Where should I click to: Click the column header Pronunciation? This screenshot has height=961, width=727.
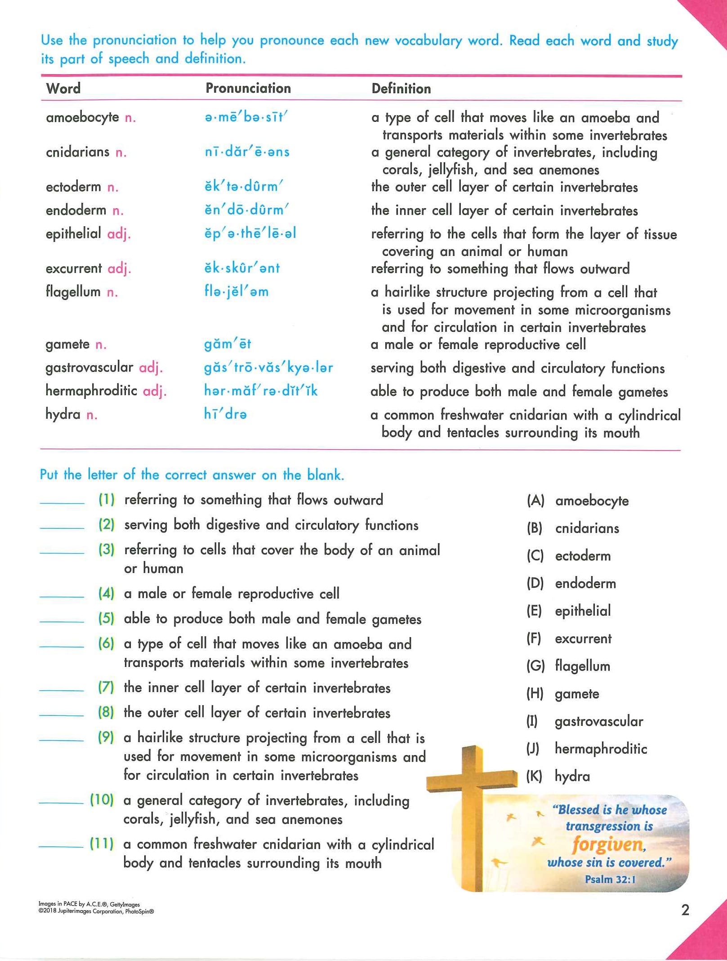(x=248, y=88)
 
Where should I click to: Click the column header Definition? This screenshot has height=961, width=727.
(x=401, y=89)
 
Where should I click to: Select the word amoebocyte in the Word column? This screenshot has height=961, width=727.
(x=82, y=117)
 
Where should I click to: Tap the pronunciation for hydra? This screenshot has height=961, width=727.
(x=225, y=414)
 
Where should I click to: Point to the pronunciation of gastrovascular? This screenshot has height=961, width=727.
(x=268, y=367)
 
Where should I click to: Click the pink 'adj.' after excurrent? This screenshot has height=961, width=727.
(x=119, y=268)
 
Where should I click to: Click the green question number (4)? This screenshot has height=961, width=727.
(x=106, y=594)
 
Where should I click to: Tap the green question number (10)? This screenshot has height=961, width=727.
(x=102, y=800)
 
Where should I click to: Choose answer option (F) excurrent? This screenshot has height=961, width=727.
(x=583, y=639)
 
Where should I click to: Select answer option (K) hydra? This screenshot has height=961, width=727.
(x=572, y=776)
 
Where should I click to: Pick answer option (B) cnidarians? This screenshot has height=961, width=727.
(x=587, y=528)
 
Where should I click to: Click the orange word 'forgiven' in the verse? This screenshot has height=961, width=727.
(x=608, y=845)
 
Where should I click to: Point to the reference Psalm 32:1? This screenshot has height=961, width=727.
(x=610, y=879)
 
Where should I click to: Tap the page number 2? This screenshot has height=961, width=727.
(x=685, y=910)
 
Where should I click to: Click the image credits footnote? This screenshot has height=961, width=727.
(x=96, y=907)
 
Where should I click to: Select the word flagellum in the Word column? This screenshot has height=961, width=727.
(x=73, y=292)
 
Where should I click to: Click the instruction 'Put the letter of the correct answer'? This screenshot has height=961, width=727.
(x=192, y=474)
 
